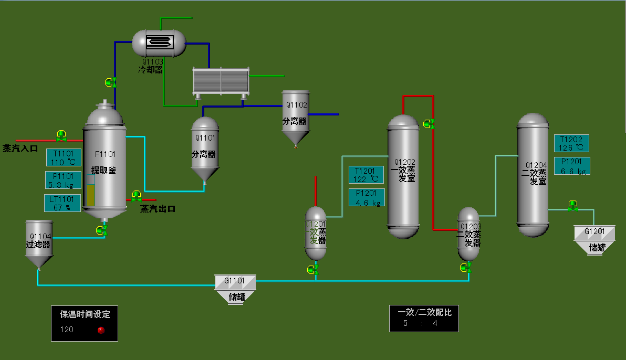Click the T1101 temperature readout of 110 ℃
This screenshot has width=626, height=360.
coord(64,157)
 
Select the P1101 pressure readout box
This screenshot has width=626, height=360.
coord(64,180)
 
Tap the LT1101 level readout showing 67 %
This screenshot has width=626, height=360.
coord(63,203)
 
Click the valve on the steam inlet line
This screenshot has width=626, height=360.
coord(61,136)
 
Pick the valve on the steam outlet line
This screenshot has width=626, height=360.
coord(137,196)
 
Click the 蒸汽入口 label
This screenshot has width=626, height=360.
coord(20,149)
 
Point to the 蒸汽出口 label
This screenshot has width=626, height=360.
coord(158,209)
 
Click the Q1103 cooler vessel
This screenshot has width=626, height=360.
coord(159,43)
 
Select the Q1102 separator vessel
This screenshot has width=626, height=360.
coord(295,117)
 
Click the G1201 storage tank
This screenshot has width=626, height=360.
coord(594,240)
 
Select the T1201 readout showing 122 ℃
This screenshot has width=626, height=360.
coord(367,175)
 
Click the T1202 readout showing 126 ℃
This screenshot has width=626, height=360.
coord(571,143)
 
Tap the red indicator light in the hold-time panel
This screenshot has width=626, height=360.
coord(101,330)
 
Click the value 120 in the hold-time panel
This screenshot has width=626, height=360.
coord(67,330)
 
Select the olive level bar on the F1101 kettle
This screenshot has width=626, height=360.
coord(91,195)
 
